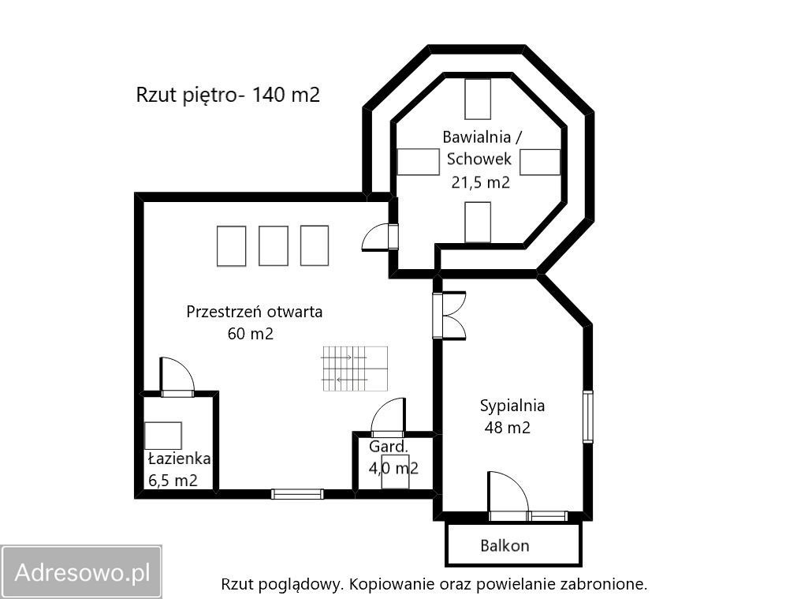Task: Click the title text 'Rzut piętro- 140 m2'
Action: click(228, 95)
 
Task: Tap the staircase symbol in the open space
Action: click(355, 369)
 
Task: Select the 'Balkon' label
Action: click(505, 545)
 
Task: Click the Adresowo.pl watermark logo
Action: click(82, 571)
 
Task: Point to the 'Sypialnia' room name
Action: click(512, 406)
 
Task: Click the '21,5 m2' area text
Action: click(480, 182)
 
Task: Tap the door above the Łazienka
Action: click(177, 376)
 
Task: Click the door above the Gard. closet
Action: click(387, 418)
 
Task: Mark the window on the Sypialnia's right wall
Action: click(587, 416)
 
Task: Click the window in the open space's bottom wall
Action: click(297, 494)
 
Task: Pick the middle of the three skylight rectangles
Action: click(274, 245)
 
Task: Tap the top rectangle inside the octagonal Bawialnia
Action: click(478, 99)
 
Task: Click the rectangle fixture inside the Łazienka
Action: click(163, 436)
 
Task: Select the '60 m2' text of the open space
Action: click(250, 334)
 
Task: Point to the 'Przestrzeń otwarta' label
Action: click(254, 312)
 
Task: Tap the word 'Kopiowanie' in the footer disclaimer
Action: click(385, 585)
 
